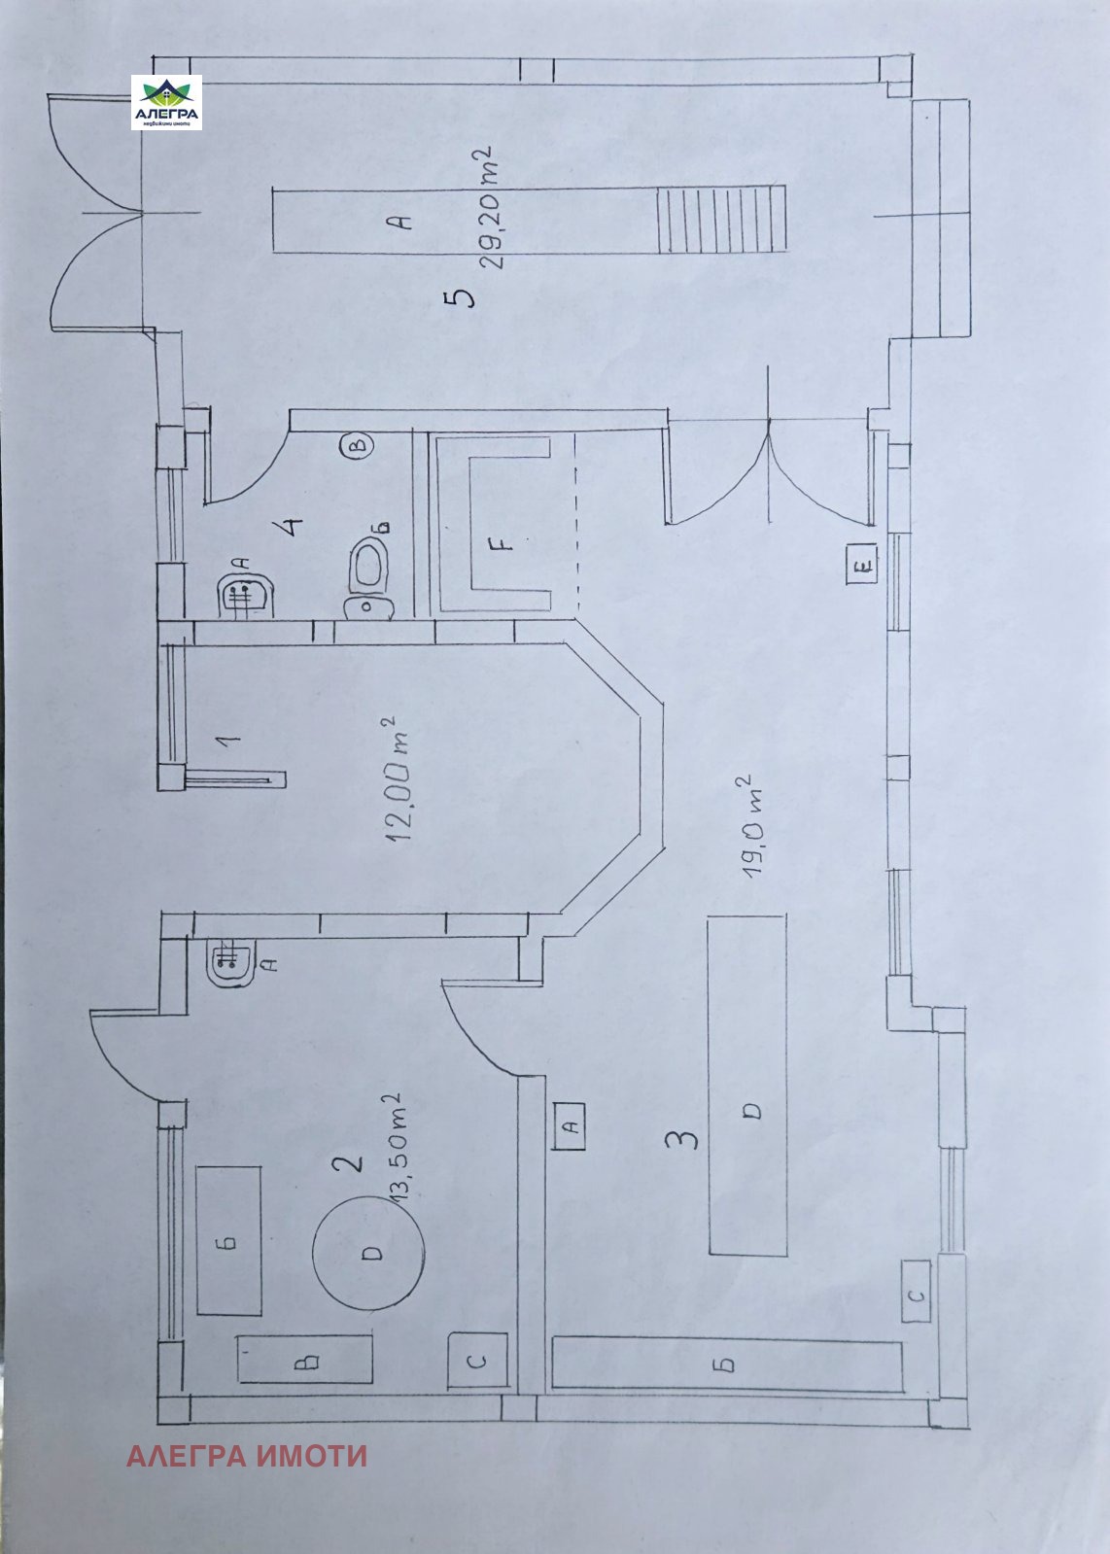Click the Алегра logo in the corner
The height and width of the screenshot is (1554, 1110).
(166, 103)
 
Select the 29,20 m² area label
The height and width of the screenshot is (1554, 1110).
(493, 206)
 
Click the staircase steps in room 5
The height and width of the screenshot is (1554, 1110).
(721, 219)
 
